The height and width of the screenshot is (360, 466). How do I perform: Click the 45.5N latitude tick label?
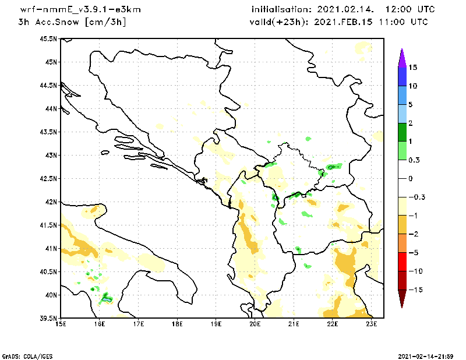49,38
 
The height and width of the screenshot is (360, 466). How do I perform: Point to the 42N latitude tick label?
51,202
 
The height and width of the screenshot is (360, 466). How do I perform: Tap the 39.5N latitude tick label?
49,318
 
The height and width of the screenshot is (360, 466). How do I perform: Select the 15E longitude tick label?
61,324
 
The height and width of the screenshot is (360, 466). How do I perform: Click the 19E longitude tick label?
216,324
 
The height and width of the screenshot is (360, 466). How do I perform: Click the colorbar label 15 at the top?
412,67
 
